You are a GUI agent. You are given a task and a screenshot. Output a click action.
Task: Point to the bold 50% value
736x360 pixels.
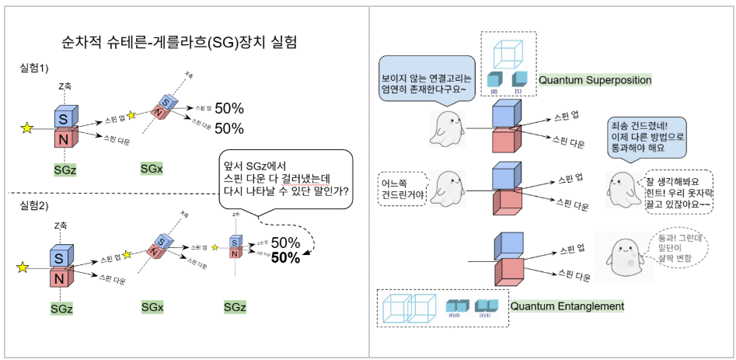[285, 258]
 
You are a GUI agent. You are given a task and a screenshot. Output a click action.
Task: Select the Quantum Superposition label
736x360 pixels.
[595, 80]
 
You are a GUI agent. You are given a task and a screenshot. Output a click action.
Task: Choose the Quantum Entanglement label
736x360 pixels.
[567, 306]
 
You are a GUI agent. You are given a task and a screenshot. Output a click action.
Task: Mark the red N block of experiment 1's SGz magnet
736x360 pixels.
[62, 139]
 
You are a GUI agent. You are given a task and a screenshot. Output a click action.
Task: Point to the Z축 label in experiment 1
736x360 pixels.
[65, 86]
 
